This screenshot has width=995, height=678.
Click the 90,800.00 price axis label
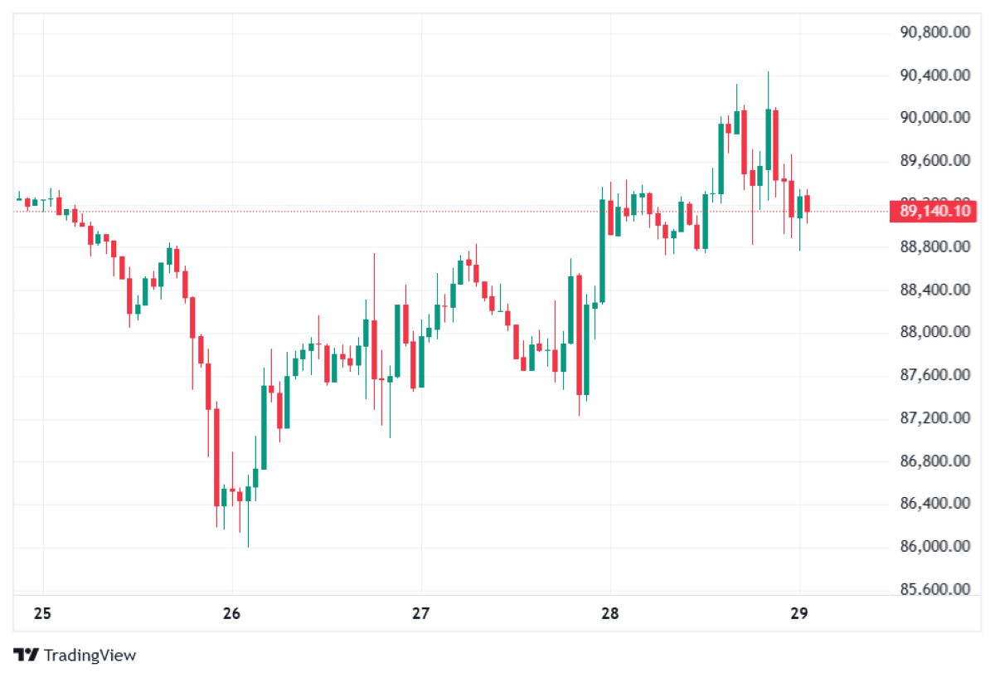coord(934,32)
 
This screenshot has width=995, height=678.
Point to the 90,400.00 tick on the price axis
coord(934,76)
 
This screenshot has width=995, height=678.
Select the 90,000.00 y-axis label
coord(934,118)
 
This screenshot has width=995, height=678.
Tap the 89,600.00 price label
coord(934,161)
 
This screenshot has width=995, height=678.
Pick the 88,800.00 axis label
coord(934,246)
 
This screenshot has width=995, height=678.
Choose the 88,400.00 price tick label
coord(934,290)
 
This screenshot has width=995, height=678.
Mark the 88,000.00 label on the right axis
coord(934,332)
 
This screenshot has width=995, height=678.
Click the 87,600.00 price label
coord(934,375)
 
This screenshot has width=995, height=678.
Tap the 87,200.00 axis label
coord(934,417)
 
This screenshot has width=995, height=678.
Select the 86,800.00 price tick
coord(934,461)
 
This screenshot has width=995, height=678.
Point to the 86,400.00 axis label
coord(934,504)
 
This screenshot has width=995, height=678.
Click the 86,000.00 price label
coord(934,546)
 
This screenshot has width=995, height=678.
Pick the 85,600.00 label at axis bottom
coord(934,589)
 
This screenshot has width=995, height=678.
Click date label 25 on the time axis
coord(43,614)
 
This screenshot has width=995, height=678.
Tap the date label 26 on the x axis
coord(232,614)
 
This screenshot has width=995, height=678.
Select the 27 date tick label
coord(421,614)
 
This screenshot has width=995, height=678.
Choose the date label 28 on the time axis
coord(610,614)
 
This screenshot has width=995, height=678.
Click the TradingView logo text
coord(89,656)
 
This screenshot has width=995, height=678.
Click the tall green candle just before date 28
coord(602,249)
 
